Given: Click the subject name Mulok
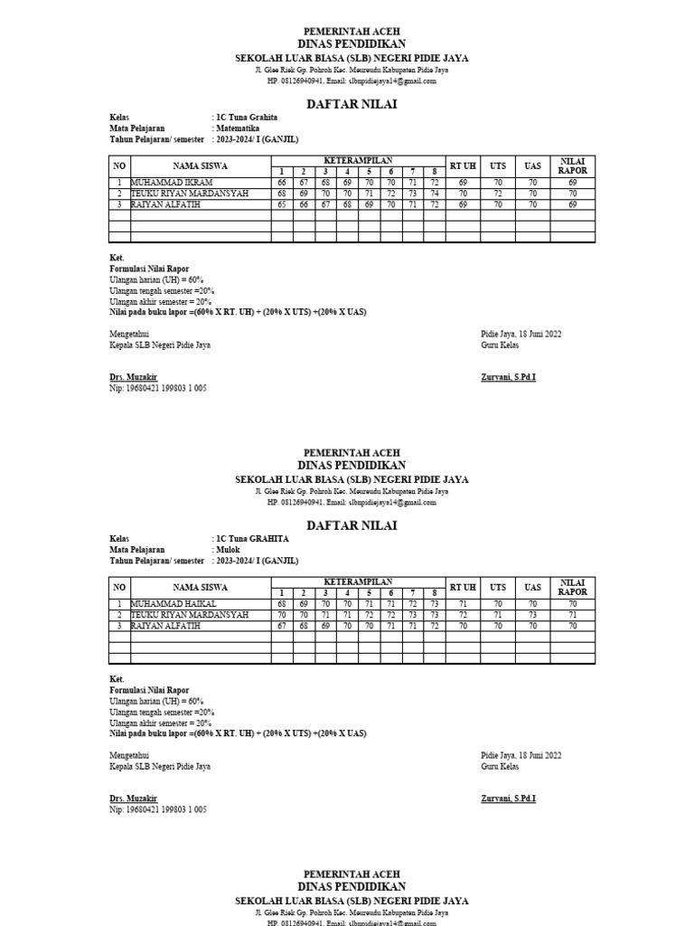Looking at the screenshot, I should coord(226,549).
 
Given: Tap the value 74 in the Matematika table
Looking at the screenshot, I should coord(434,194).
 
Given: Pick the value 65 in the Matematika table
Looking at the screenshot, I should coord(282,204).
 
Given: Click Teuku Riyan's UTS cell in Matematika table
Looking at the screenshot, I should coord(497,194).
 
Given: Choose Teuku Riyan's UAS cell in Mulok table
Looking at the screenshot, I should coord(532,614).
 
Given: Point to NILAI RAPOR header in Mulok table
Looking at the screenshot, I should coord(572,587).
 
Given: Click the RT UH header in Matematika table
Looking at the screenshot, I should coord(463,165).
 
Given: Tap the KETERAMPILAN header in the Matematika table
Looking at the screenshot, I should coord(358,160).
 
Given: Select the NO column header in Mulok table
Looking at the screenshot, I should coord(119,587).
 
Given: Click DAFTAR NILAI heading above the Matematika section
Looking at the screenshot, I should coord(347,104).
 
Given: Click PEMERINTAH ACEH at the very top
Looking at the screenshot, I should coord(347,31).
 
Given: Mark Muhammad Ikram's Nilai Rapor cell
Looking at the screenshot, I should coord(572,183).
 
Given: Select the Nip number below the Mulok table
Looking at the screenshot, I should coord(157,809).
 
